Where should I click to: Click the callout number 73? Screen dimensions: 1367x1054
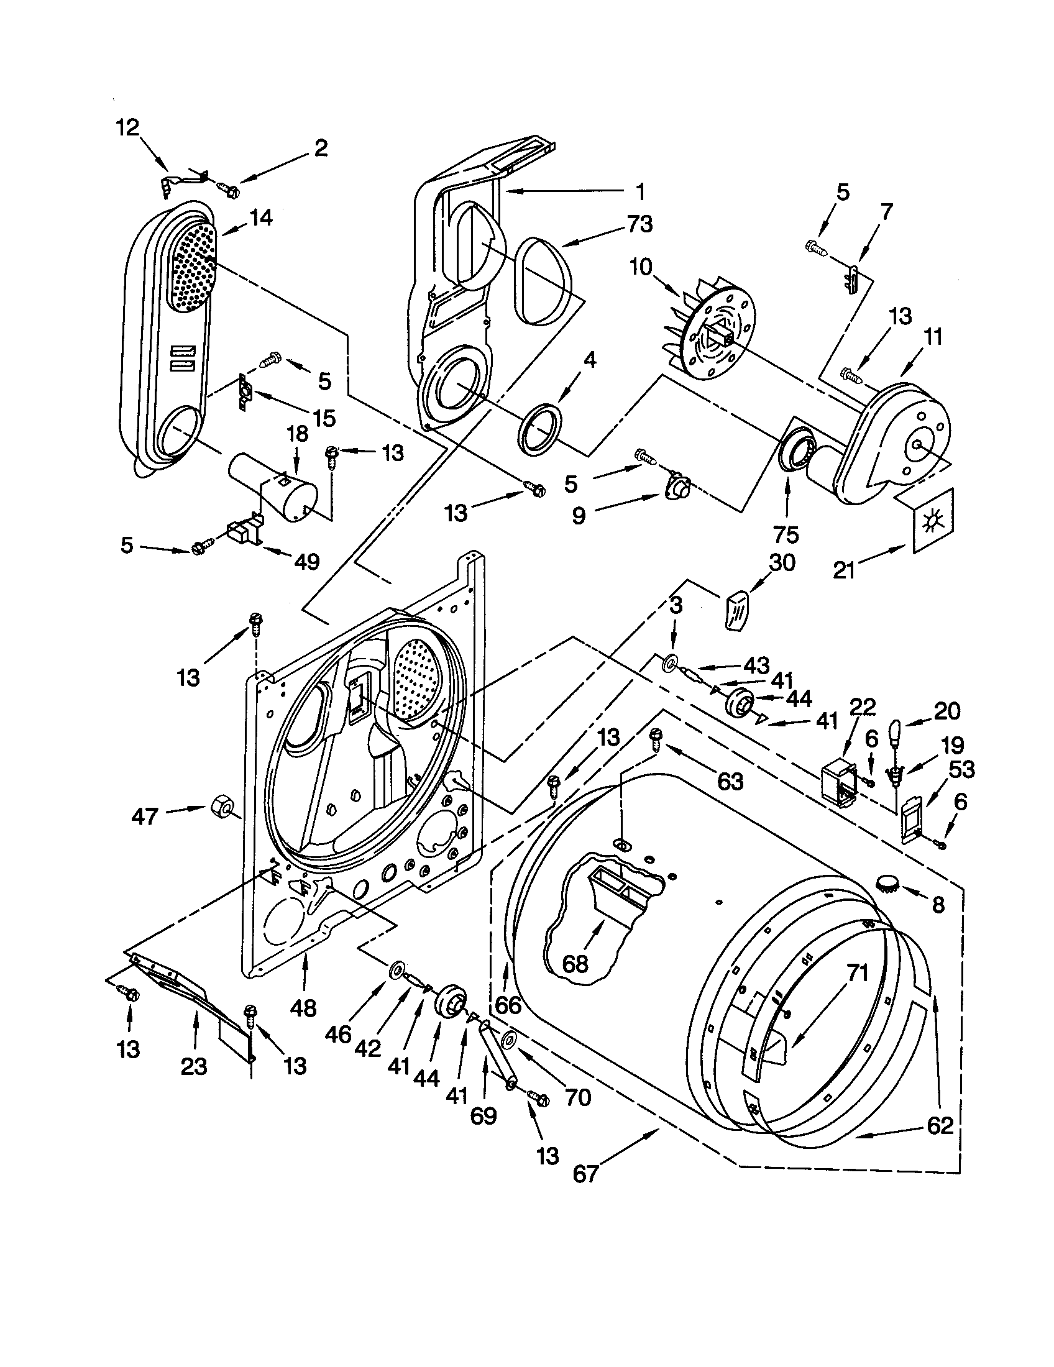(639, 224)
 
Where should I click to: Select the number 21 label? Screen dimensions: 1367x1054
(844, 570)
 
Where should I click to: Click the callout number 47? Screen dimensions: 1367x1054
(145, 816)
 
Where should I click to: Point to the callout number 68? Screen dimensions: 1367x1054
(575, 963)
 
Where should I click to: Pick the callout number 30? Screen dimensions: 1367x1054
(782, 562)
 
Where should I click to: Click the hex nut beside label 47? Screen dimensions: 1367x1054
(217, 804)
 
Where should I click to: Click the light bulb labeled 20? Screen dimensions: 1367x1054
(896, 731)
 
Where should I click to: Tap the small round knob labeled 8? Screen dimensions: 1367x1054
(884, 884)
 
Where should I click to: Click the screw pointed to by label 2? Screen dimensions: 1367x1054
(226, 188)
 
